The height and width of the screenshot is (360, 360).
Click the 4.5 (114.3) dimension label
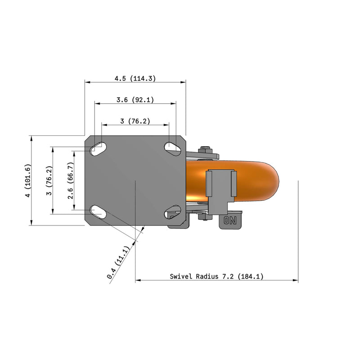point(135,78)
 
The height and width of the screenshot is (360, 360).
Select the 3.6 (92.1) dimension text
point(135,100)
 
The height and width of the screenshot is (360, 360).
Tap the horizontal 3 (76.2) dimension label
point(135,121)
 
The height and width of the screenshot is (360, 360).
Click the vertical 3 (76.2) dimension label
point(49,180)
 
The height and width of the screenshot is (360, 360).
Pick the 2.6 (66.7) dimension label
point(71,180)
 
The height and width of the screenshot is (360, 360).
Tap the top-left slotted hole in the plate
point(99,149)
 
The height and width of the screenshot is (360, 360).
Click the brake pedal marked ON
point(230,220)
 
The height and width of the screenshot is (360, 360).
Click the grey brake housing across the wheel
point(220,189)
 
